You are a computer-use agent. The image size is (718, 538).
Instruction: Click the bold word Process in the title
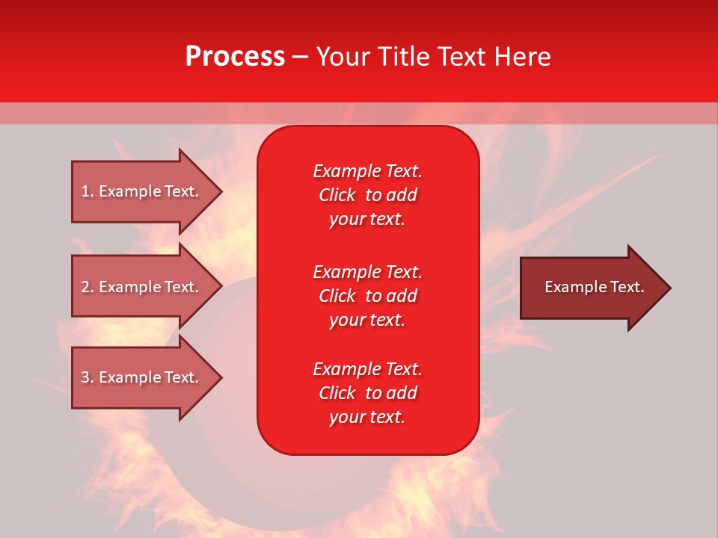click(x=235, y=57)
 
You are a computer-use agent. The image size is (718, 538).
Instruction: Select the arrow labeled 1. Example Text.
click(x=142, y=191)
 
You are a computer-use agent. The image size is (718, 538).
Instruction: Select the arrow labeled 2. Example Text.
click(x=142, y=287)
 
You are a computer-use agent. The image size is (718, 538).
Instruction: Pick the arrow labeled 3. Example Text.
click(x=142, y=377)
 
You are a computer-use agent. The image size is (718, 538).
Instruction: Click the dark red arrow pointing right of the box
click(x=591, y=288)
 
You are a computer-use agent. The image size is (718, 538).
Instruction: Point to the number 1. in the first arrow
click(x=88, y=191)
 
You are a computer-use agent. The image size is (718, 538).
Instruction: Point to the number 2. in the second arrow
click(x=88, y=287)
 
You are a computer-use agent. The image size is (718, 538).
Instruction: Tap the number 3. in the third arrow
click(x=88, y=377)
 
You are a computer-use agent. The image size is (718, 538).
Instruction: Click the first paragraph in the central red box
click(x=367, y=195)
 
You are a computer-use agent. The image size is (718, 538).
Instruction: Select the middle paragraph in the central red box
click(x=367, y=296)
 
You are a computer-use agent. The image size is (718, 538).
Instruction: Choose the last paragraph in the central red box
click(x=367, y=393)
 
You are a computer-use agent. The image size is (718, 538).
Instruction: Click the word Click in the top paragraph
click(x=337, y=195)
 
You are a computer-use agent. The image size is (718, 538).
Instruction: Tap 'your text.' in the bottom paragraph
click(x=367, y=417)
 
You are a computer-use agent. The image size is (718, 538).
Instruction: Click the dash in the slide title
click(x=300, y=58)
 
